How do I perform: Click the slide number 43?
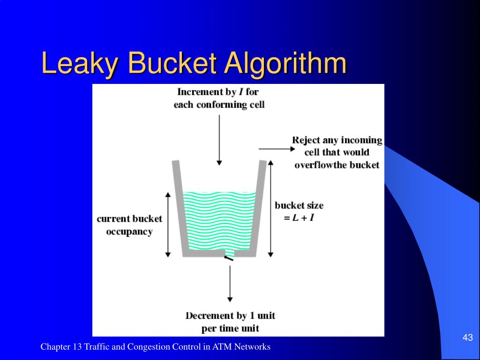pyautogui.click(x=467, y=337)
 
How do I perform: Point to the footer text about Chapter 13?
pyautogui.click(x=155, y=347)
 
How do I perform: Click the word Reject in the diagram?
pyautogui.click(x=306, y=140)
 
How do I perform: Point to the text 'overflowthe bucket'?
pyautogui.click(x=337, y=165)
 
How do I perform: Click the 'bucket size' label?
pyautogui.click(x=299, y=205)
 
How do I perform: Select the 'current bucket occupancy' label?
pyautogui.click(x=129, y=225)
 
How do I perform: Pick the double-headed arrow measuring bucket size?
pyautogui.click(x=270, y=208)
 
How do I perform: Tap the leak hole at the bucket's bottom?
pyautogui.click(x=229, y=256)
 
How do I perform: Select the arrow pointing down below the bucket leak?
pyautogui.click(x=229, y=283)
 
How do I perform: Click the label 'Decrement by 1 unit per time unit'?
pyautogui.click(x=230, y=322)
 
